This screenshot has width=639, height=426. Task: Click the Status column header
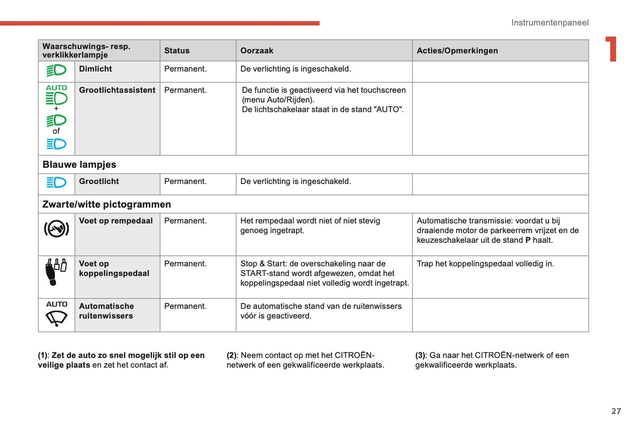(177, 51)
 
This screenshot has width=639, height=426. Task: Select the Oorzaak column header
(256, 51)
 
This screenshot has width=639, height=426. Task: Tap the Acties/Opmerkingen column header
(457, 51)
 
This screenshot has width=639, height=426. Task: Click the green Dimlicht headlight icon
(57, 70)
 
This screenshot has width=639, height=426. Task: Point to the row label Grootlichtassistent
(117, 90)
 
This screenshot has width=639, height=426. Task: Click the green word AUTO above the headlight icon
(57, 88)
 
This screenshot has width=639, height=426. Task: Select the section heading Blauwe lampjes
(79, 165)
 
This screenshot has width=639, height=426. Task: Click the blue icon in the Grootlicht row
(57, 182)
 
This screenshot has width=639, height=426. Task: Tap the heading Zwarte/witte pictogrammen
(107, 204)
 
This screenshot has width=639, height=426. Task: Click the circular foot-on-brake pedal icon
(57, 229)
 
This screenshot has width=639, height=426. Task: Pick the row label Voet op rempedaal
(116, 221)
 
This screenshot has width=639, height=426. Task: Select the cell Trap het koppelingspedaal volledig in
(485, 264)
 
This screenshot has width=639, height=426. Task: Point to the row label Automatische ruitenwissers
(106, 311)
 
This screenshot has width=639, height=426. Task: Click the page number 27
(616, 411)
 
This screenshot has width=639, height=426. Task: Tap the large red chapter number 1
(612, 49)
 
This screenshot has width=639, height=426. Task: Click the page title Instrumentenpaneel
(550, 23)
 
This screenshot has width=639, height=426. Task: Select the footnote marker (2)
(232, 355)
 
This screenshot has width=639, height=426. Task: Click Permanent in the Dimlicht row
(185, 69)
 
